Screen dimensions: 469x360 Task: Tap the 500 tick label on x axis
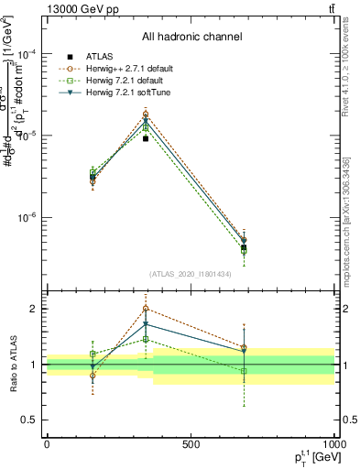coord(191,444)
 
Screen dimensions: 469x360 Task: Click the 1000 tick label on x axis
coord(332,444)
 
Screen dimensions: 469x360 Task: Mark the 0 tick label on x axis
coord(47,444)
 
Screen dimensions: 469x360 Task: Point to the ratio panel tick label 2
coord(29,309)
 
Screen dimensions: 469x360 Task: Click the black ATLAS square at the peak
coord(146,138)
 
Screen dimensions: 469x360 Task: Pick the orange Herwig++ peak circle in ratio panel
coord(146,309)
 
